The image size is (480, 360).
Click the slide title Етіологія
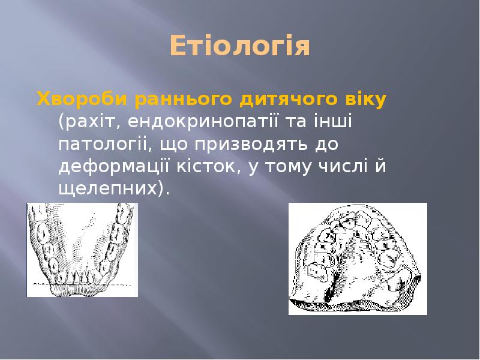[x=239, y=46]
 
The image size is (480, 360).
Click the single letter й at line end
[x=381, y=167]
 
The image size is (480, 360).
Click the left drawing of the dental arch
[x=82, y=250]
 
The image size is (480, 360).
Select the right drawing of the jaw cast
[x=358, y=259]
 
